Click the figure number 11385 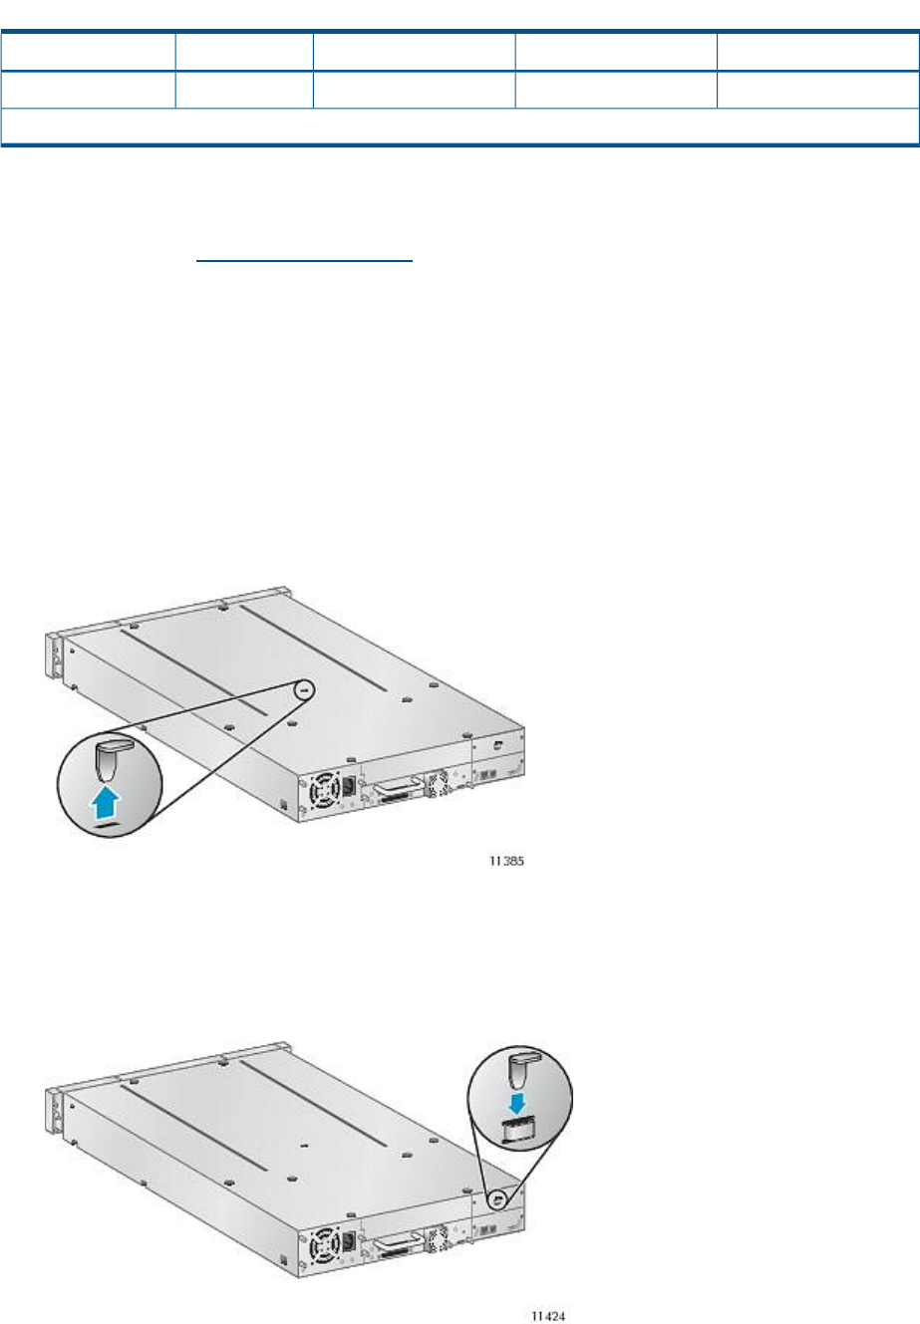point(506,861)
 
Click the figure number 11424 point(548,1316)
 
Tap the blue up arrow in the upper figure point(106,802)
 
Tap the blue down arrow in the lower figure point(517,1104)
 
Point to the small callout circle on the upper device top point(304,689)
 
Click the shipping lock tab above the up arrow point(111,758)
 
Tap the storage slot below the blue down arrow point(518,1132)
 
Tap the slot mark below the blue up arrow point(107,824)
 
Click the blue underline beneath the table point(304,260)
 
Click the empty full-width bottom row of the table point(460,126)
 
